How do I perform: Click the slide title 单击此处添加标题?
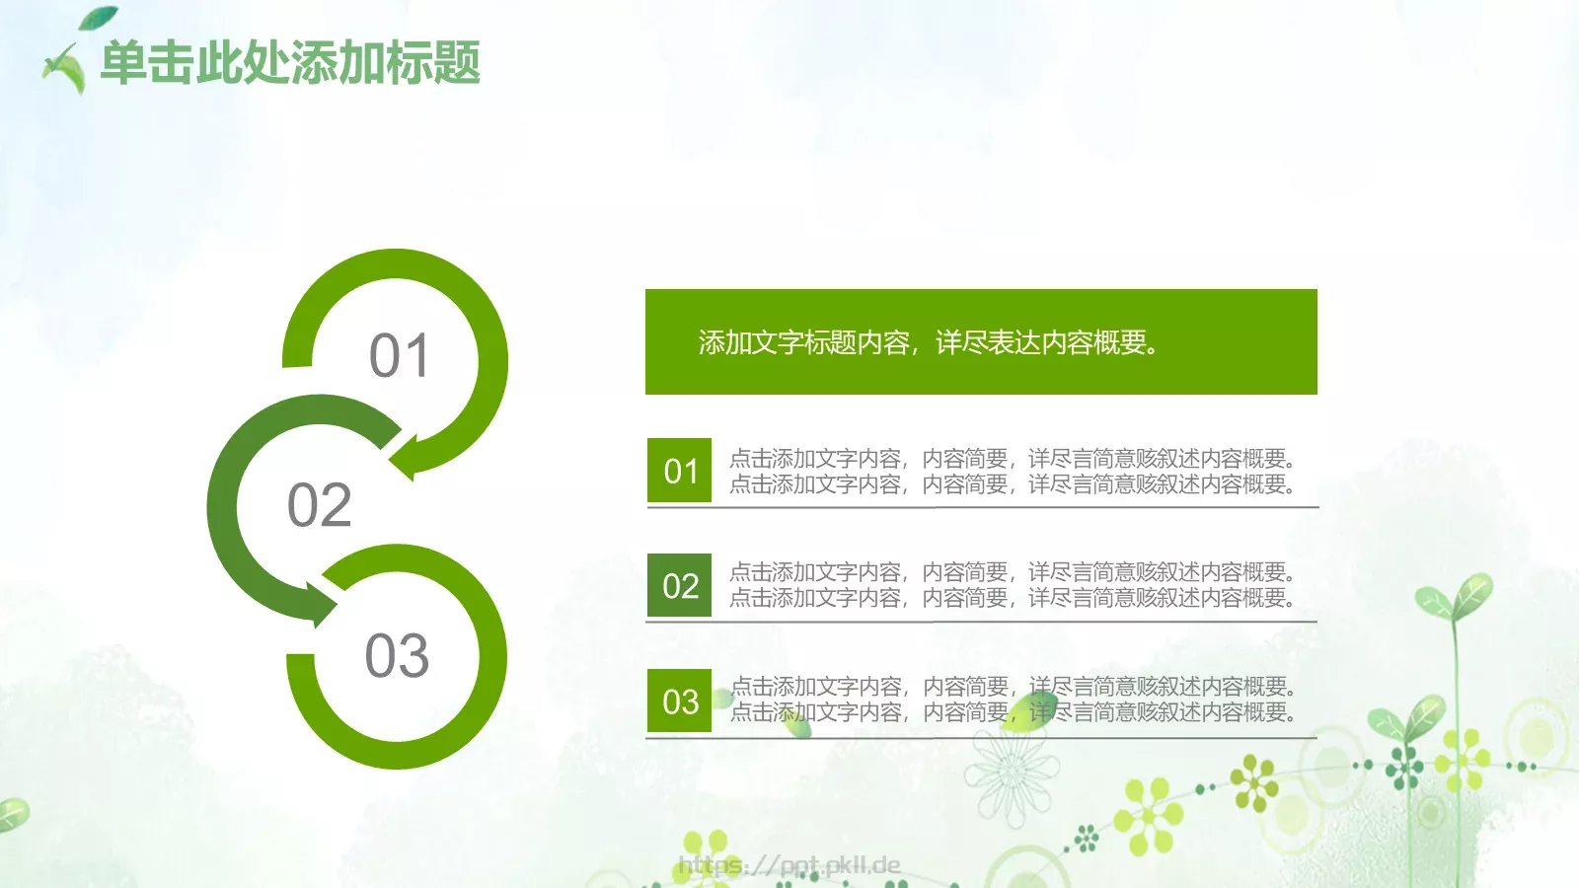290,63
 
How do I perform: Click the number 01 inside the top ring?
400,355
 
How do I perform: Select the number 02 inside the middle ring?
319,505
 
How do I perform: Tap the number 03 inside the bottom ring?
397,655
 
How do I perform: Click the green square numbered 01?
680,471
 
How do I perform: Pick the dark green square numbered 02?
680,586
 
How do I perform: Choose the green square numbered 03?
680,702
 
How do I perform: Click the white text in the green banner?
928,342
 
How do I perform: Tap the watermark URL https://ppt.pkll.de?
789,866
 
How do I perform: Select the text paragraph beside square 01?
1012,472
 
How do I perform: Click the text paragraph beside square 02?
1012,585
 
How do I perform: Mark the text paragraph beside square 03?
1012,700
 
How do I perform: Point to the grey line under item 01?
982,507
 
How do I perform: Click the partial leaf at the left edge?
12,814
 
